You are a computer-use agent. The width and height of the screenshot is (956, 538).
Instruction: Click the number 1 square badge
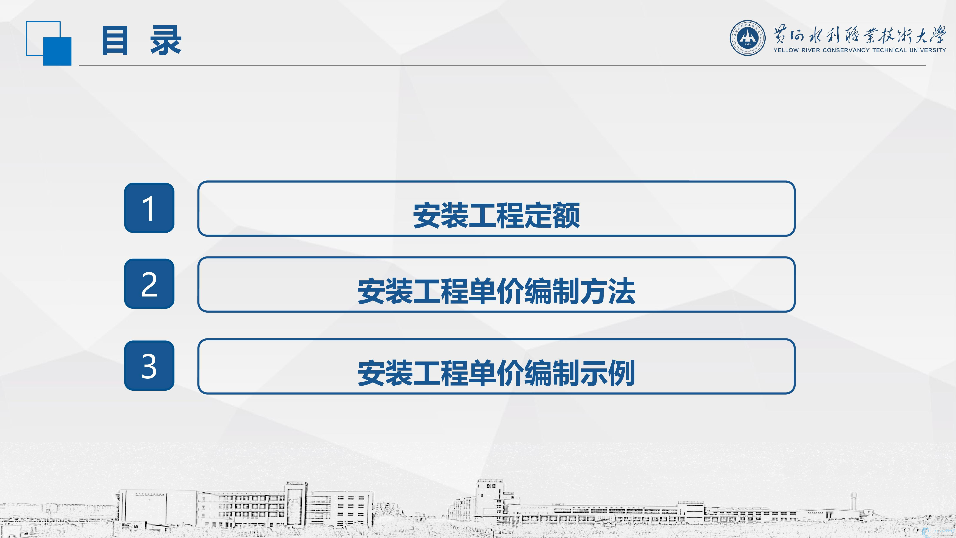(x=149, y=208)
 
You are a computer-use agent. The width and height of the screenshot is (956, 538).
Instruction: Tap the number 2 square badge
(x=149, y=284)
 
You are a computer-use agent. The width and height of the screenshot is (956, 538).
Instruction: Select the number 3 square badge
(x=149, y=365)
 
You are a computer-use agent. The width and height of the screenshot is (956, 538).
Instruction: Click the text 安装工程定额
(x=496, y=215)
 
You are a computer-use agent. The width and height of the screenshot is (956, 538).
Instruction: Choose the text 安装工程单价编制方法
(x=496, y=291)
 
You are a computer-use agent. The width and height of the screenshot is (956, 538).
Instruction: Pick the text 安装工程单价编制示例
(x=496, y=373)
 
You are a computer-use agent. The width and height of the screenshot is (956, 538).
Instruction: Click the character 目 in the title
(x=115, y=40)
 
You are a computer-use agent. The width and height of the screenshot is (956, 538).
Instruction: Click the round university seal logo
(x=747, y=38)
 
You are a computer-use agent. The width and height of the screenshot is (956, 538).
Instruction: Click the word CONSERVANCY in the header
(x=846, y=50)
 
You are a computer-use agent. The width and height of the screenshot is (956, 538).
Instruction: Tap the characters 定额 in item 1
(x=552, y=215)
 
